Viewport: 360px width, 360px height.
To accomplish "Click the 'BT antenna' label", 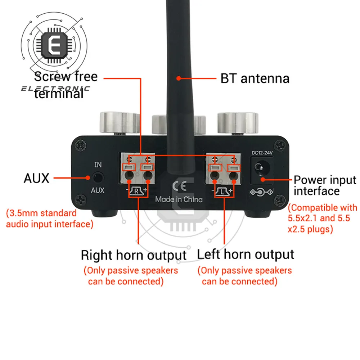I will pos(255,78).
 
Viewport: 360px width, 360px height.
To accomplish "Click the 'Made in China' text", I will pos(179,199).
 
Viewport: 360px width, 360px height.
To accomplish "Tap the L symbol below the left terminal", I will pos(224,191).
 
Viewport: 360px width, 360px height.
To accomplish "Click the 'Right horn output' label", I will pos(134,255).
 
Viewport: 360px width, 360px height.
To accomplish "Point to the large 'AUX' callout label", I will pos(36,178).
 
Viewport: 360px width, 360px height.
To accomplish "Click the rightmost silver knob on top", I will pos(238,122).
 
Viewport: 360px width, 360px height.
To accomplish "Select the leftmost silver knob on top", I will pos(119,122).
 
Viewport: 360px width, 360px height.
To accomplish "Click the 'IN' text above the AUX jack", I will pos(98,165).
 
